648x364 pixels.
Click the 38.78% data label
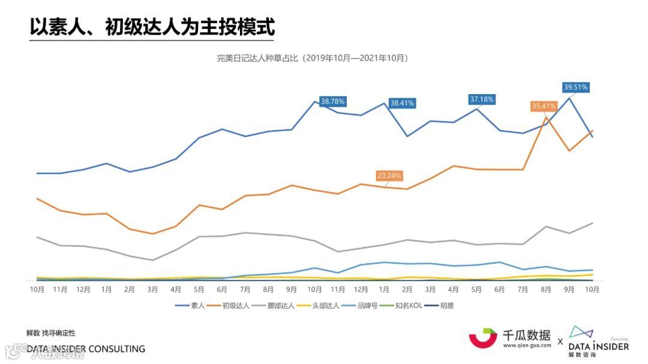tap(333, 101)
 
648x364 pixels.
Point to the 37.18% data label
tap(482, 100)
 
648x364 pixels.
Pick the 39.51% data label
tap(576, 87)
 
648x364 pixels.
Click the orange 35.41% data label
tap(544, 106)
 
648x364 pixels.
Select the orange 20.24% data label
tap(389, 176)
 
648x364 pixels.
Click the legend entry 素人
tap(197, 306)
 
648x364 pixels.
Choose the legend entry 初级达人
tap(236, 306)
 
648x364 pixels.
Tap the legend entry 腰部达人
tap(281, 306)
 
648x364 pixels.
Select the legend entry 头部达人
tap(326, 306)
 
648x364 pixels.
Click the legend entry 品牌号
tap(367, 306)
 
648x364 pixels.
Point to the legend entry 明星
tap(446, 306)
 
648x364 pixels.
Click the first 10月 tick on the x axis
tap(37, 289)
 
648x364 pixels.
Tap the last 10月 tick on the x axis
tap(592, 289)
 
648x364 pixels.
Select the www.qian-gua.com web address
tap(526, 345)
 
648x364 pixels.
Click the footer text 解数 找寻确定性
tap(51, 333)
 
